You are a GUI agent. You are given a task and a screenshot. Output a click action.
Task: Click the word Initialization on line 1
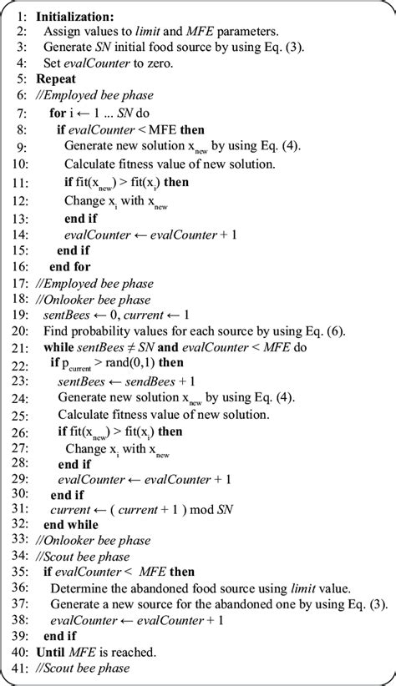[76, 16]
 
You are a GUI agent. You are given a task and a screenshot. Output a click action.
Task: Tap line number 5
[23, 79]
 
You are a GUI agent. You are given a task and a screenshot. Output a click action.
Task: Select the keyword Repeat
[57, 79]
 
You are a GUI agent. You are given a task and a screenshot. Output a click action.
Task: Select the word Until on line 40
[53, 651]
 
